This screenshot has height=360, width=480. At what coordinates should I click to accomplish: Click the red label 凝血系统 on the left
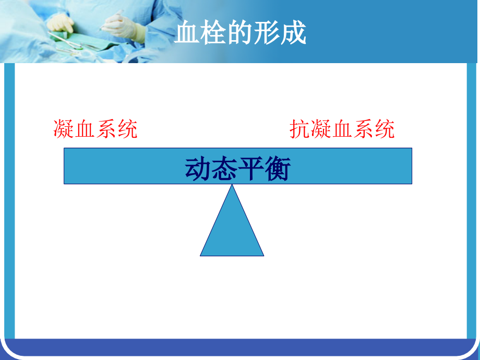tap(95, 129)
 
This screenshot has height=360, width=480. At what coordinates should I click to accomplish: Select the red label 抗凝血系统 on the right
tap(342, 129)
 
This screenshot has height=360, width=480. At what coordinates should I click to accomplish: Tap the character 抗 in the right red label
tap(300, 129)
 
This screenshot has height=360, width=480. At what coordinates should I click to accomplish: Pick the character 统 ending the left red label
tap(127, 129)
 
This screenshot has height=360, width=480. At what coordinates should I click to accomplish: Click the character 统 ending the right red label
tap(385, 129)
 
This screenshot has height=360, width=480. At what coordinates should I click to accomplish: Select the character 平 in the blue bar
tap(251, 169)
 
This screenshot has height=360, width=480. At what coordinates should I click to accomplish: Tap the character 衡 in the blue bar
tap(278, 169)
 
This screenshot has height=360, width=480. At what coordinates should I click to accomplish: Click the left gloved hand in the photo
tap(62, 23)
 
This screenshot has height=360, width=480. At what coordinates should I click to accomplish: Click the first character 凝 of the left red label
tap(64, 129)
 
